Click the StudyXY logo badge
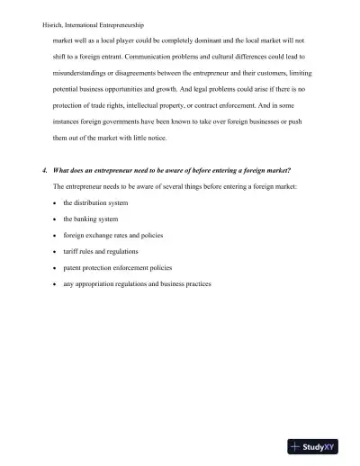point(319,446)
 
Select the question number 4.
point(44,170)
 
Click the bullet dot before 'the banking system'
point(56,219)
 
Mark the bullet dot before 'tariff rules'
point(56,251)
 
